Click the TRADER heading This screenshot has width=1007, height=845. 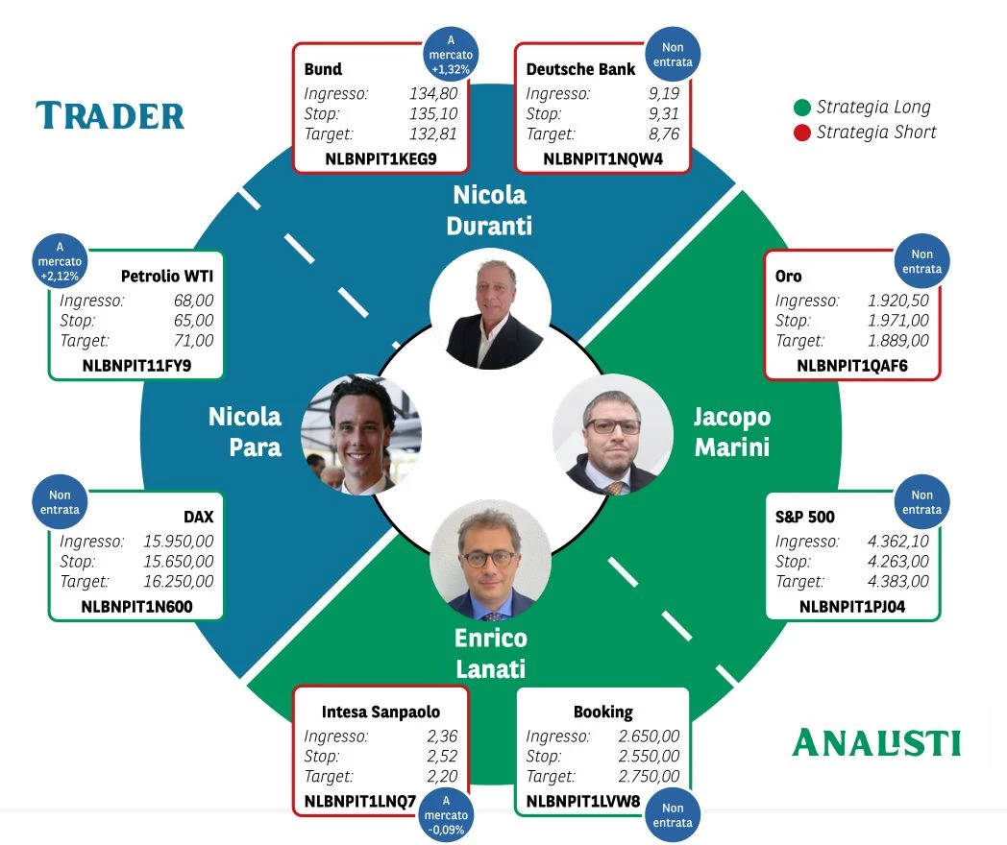coord(110,116)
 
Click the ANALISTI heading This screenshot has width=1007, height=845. coord(876,743)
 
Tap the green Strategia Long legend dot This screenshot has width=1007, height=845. coord(801,108)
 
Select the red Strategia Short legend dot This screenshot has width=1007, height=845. coord(801,133)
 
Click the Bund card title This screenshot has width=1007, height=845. coord(323,69)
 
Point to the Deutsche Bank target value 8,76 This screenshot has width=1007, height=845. coord(664,133)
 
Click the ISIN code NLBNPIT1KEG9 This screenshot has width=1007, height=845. coord(381,158)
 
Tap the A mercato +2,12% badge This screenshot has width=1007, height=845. coord(60,261)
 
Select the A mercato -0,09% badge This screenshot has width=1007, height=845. coord(446,815)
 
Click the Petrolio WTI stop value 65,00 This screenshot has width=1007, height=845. coord(193,320)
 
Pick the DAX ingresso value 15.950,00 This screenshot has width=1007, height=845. coord(179,541)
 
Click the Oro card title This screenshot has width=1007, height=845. coord(788,276)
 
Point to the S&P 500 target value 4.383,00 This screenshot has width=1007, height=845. coord(897,581)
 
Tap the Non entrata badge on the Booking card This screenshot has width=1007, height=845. coord(673,815)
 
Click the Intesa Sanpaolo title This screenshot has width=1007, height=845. coord(381,712)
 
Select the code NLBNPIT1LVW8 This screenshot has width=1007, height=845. coord(583,802)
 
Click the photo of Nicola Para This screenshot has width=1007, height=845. coord(361,434)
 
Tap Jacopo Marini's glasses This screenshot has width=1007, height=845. coord(613,426)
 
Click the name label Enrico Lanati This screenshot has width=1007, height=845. coord(491,653)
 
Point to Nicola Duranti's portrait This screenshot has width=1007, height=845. coord(490,309)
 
